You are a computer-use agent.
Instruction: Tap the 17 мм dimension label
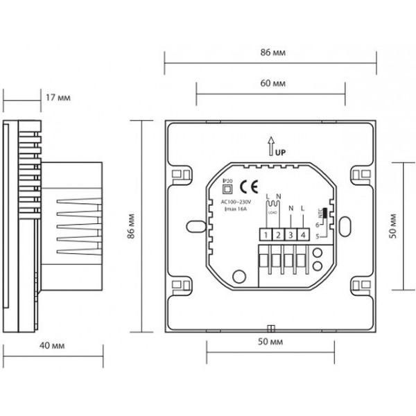(x=58, y=98)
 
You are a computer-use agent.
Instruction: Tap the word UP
(x=279, y=151)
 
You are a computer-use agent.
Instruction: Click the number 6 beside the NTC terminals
(x=317, y=225)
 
